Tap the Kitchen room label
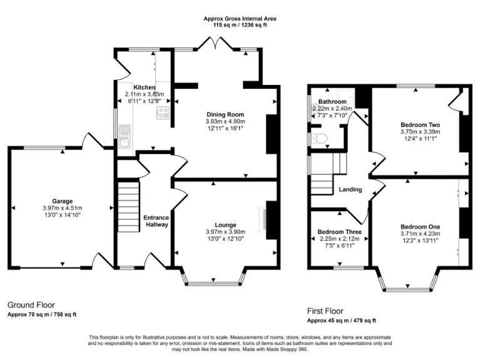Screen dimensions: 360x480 tap(144, 87)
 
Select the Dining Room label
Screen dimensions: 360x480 tap(226, 114)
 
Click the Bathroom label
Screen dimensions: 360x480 tap(332, 101)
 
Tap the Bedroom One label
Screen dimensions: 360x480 tap(420, 226)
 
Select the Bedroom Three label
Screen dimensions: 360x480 tap(339, 231)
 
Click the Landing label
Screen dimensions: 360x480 tap(350, 189)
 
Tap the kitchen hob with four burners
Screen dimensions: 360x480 tap(163, 113)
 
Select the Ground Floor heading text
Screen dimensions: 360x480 tap(29, 304)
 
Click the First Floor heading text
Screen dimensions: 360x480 tap(324, 311)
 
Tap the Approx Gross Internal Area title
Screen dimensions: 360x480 tap(240, 19)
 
